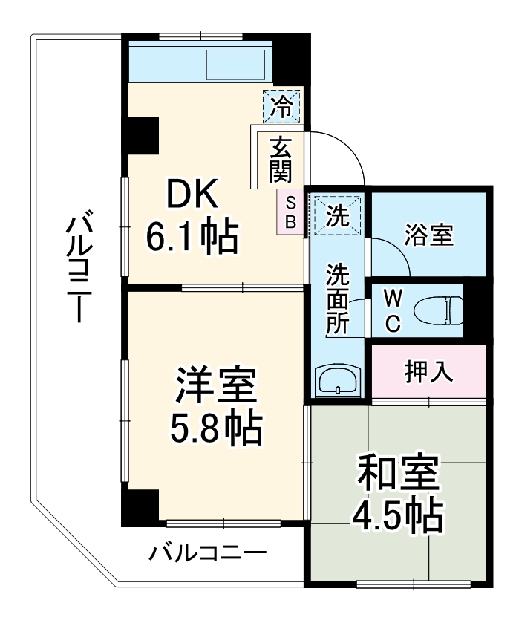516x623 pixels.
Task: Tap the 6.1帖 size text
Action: [x=192, y=238]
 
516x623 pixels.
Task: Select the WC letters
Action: [x=393, y=310]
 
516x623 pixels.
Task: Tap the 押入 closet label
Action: [x=429, y=371]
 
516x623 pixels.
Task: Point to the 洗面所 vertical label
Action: [x=339, y=300]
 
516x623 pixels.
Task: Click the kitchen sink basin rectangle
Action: [x=235, y=66]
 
